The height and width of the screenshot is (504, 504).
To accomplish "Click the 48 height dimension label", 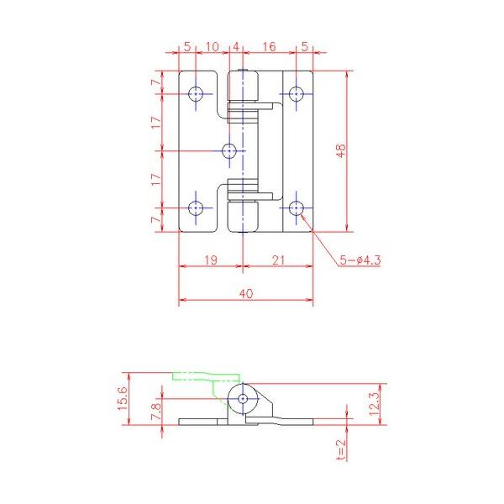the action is click(341, 150).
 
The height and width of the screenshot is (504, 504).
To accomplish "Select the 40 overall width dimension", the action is click(246, 293).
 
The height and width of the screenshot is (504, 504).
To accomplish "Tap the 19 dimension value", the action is click(211, 260).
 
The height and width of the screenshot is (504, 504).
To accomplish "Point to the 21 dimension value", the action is click(278, 260).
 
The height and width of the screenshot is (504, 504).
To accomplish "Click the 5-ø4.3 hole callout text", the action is click(360, 260).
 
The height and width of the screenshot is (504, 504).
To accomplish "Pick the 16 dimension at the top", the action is click(269, 47).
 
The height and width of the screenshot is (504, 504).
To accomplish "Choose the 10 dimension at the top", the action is click(213, 47).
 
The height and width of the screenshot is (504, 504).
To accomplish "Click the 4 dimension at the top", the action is click(236, 47).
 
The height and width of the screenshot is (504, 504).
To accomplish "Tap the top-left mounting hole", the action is click(196, 94).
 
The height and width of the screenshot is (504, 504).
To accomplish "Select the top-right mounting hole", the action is click(296, 94).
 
